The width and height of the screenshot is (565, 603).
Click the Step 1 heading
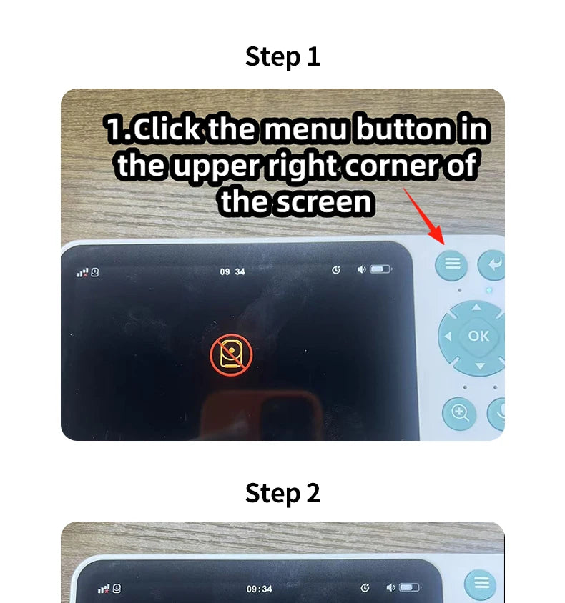coord(282,56)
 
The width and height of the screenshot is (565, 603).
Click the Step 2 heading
coord(282,493)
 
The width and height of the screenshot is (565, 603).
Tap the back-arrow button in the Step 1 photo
coord(492,264)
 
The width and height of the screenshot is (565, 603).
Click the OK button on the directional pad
coord(478,335)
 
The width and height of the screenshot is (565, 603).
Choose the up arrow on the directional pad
coord(476,308)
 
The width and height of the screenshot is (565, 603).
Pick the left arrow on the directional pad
coord(448,336)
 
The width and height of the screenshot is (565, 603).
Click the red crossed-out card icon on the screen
coord(231,356)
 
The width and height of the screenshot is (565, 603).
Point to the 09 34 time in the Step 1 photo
coord(232,272)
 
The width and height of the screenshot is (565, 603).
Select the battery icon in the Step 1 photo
coord(381,270)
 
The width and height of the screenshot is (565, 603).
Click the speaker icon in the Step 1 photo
coord(361,270)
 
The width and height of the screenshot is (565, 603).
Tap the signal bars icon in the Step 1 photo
coord(83,273)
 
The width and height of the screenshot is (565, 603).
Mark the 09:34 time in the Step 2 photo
coord(259,589)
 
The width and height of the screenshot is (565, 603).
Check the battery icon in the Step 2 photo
coord(410,588)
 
